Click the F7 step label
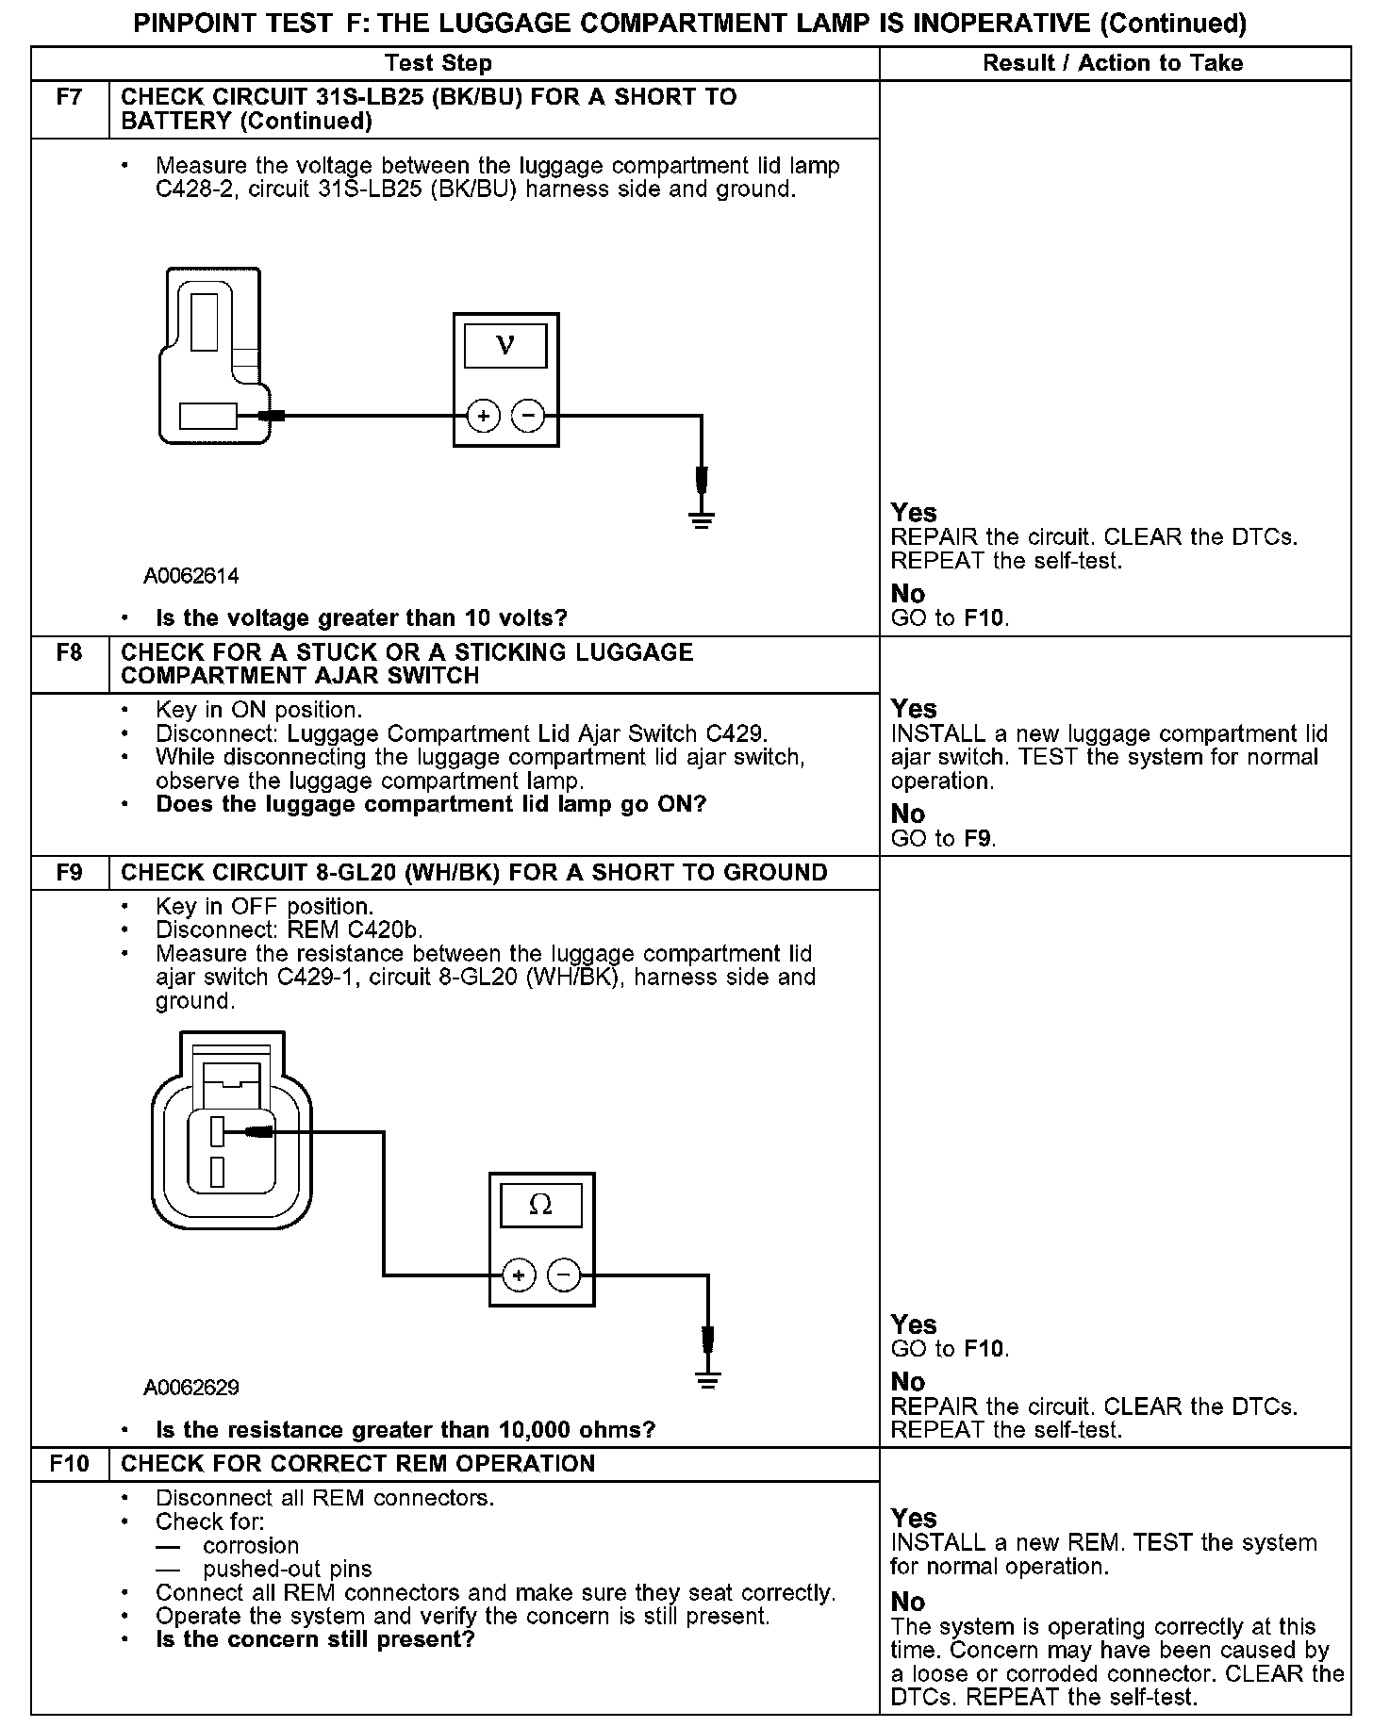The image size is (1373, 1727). coord(70,97)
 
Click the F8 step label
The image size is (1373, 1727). coord(70,652)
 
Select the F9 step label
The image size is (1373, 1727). coord(70,872)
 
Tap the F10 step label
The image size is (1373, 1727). coord(70,1463)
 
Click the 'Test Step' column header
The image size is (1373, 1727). coord(438,63)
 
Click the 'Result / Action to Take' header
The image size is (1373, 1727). coord(1113,63)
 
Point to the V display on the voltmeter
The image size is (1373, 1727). coord(505,346)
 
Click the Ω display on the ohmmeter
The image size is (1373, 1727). coord(540,1205)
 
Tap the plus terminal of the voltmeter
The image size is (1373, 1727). coord(483,415)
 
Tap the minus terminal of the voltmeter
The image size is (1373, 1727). coord(528,415)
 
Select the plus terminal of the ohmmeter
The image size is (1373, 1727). coord(519,1275)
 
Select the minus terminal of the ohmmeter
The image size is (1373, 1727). coord(564,1275)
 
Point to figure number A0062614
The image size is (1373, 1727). coord(191,575)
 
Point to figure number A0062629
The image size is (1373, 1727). coord(191,1388)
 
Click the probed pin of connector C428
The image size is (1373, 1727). coord(207,416)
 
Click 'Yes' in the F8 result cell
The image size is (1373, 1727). coord(914,709)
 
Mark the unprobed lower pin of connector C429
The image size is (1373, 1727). coord(218,1171)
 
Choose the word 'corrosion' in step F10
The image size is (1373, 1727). coord(251,1545)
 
